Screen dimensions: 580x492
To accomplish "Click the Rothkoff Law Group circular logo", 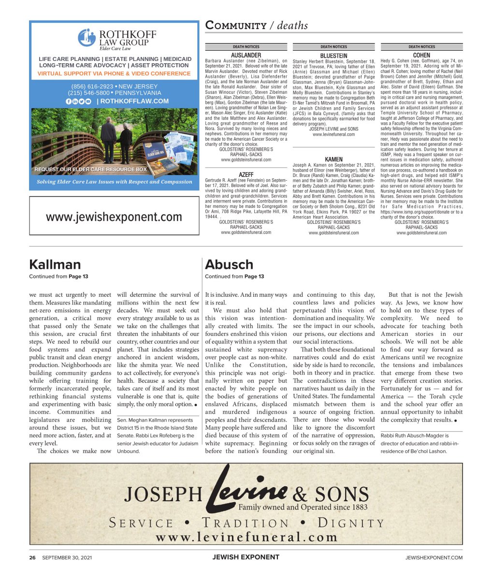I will point(87,38).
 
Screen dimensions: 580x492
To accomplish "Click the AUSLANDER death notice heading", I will point(246,56).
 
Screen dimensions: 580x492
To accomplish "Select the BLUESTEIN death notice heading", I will point(333,56).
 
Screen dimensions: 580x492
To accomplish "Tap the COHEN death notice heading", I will point(421,56).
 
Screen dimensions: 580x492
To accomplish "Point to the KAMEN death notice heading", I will point(333,159).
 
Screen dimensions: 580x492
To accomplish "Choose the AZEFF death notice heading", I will point(246,174).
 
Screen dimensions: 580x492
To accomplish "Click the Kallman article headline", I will point(55,264).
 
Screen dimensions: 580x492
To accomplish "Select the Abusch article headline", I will point(229,264).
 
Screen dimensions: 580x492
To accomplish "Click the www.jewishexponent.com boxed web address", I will point(114,217).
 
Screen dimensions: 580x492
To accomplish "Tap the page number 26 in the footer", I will point(32,557).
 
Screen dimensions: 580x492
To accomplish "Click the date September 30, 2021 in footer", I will point(67,557).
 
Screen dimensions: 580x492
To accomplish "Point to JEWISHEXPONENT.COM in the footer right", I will point(434,557).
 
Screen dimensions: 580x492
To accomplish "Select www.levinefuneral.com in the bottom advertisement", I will point(246,537).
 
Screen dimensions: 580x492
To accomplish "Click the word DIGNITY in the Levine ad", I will point(350,523).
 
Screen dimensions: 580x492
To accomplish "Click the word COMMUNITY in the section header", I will point(236,26).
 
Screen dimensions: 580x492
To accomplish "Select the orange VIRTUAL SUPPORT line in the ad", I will point(114,73).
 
